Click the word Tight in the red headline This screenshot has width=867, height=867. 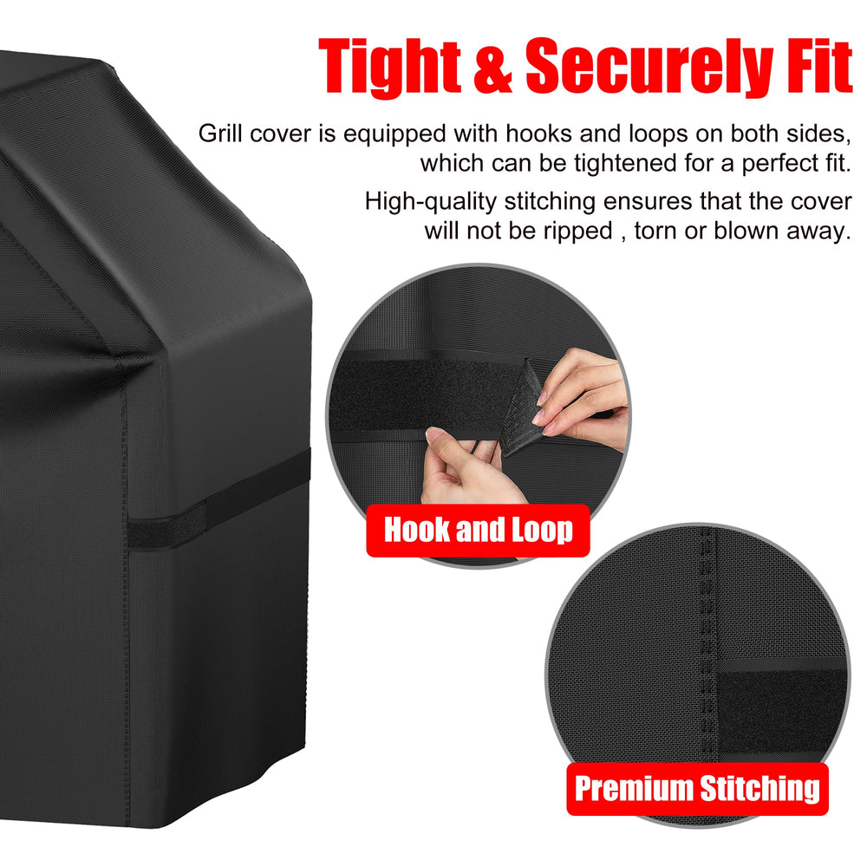click(389, 67)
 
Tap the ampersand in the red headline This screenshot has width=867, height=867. click(492, 67)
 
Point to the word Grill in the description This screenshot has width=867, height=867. click(220, 134)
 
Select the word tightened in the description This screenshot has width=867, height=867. click(620, 164)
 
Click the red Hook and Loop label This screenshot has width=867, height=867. click(479, 531)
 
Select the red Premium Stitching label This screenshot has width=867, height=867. click(697, 788)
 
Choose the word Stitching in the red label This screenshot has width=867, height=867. click(759, 789)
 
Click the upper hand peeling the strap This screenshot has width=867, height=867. click(582, 399)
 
